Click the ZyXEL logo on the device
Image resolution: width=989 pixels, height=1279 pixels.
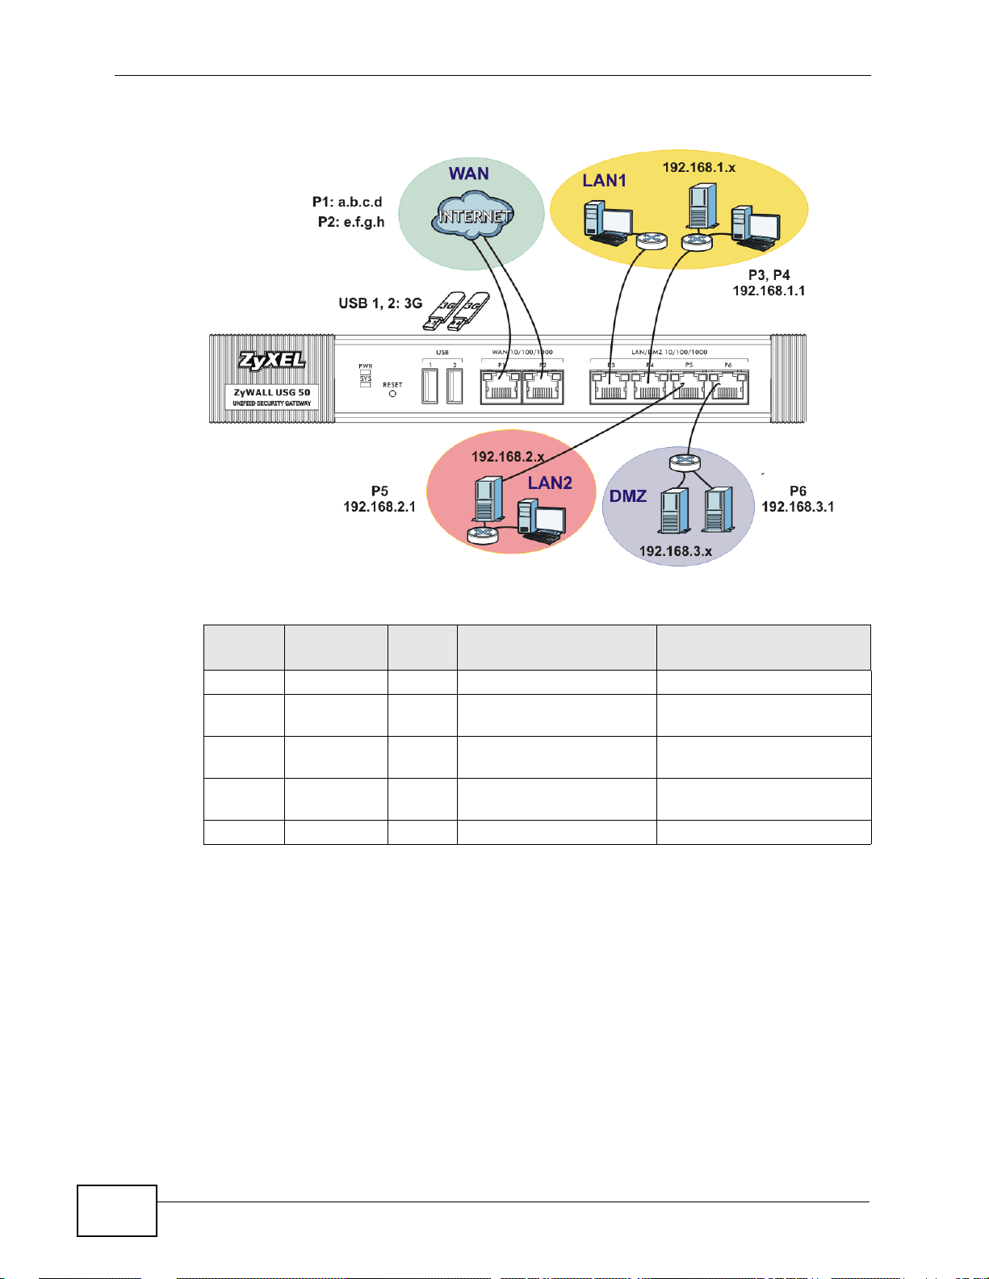(271, 361)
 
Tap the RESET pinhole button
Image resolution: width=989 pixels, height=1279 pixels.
(392, 394)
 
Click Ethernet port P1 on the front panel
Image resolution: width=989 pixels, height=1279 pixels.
(501, 387)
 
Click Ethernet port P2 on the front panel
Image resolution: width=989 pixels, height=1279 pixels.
(543, 387)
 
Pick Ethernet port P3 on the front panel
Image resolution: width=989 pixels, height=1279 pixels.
(610, 387)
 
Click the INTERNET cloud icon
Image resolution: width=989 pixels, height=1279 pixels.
(474, 215)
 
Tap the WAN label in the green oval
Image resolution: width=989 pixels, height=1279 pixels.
(469, 173)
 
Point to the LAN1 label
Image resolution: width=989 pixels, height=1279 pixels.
(605, 181)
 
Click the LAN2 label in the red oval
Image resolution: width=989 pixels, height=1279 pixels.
(550, 483)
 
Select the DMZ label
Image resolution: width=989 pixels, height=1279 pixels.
(628, 495)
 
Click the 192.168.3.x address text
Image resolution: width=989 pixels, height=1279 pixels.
(676, 551)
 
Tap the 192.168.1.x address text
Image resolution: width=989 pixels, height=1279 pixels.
(699, 167)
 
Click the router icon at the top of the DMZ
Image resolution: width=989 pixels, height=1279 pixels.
(685, 462)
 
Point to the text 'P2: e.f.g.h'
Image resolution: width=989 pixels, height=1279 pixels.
(351, 222)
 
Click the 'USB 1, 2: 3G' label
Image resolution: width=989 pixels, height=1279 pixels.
(380, 303)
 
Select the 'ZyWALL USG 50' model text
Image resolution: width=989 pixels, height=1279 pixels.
(272, 392)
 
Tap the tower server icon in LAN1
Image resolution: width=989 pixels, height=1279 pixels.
(701, 206)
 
